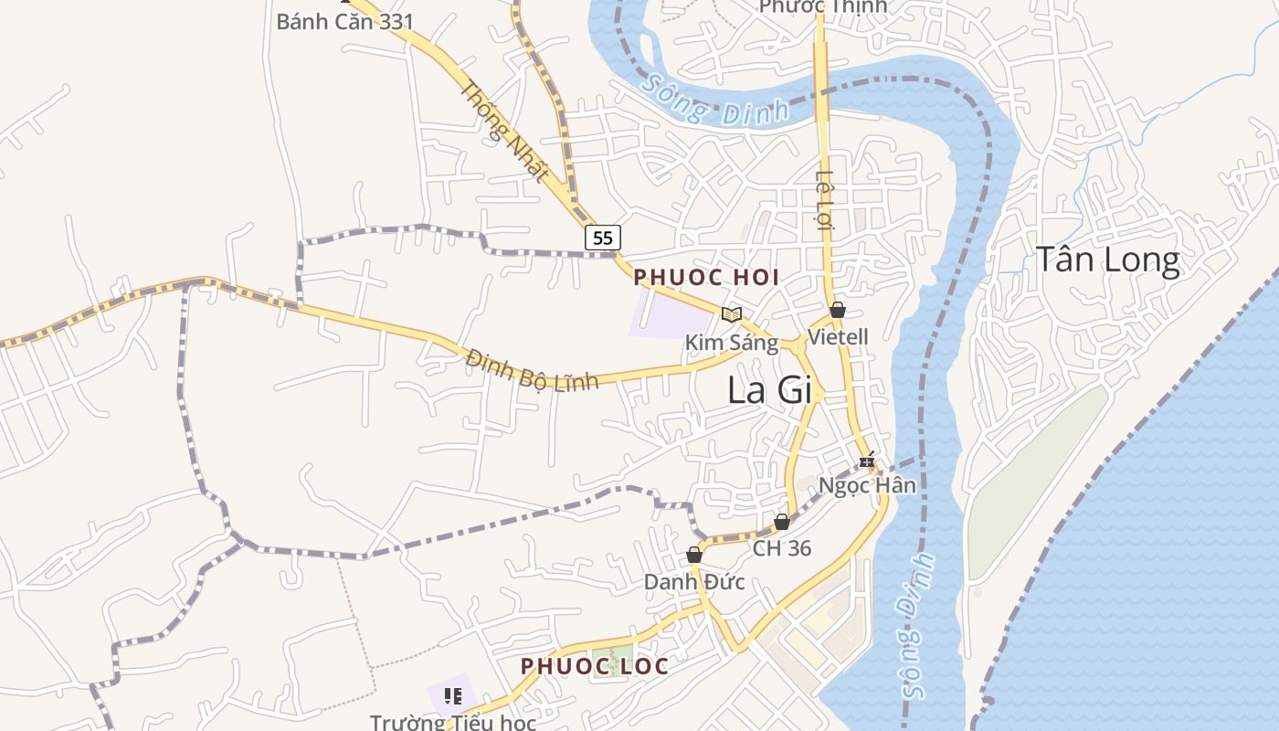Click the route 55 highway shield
pyautogui.click(x=602, y=238)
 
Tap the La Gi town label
pyautogui.click(x=769, y=390)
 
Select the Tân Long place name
pyautogui.click(x=1107, y=260)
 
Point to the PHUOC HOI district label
pyautogui.click(x=706, y=277)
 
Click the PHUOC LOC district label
pyautogui.click(x=595, y=666)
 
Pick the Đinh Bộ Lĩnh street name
pyautogui.click(x=531, y=369)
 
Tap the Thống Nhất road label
pyautogui.click(x=503, y=131)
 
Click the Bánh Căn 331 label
pyautogui.click(x=345, y=22)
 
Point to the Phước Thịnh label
pyautogui.click(x=823, y=6)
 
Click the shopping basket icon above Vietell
pyautogui.click(x=838, y=310)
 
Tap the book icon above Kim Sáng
pyautogui.click(x=731, y=314)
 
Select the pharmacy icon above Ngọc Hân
pyautogui.click(x=867, y=460)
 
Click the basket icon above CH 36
pyautogui.click(x=782, y=522)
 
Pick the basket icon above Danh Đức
pyautogui.click(x=694, y=555)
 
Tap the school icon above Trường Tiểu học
pyautogui.click(x=452, y=696)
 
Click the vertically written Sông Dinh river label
pyautogui.click(x=917, y=625)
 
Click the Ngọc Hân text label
pyautogui.click(x=867, y=485)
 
